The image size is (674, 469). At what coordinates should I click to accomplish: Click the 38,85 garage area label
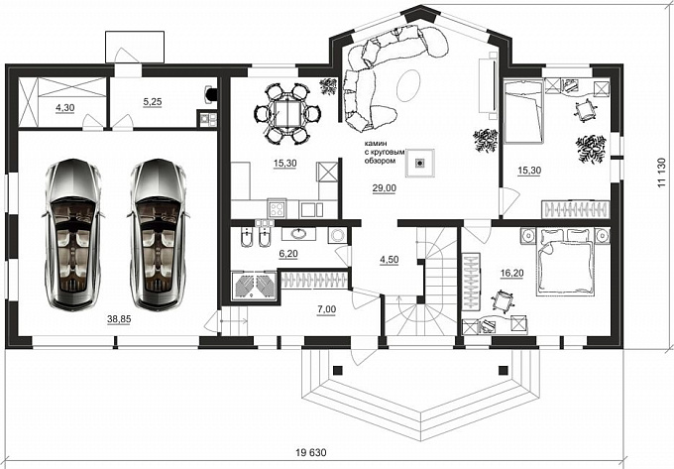click(x=119, y=319)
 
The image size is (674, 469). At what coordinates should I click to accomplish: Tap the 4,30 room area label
click(x=64, y=108)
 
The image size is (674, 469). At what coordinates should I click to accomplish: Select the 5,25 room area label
click(x=153, y=102)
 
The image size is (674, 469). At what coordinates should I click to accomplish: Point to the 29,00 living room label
click(x=385, y=187)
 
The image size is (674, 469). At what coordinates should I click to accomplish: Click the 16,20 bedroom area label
click(x=512, y=273)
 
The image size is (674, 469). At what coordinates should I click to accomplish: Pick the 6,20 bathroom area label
click(x=288, y=254)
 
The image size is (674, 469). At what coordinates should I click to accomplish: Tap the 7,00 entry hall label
click(x=327, y=309)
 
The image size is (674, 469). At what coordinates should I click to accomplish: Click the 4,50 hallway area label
click(x=389, y=259)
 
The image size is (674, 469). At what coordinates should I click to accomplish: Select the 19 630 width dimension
click(x=311, y=453)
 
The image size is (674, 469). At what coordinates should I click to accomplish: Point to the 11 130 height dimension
click(x=662, y=172)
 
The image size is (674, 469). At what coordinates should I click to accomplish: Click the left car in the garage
click(x=73, y=234)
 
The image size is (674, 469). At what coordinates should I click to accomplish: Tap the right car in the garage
click(x=159, y=234)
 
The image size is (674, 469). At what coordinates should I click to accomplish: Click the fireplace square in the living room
click(x=420, y=163)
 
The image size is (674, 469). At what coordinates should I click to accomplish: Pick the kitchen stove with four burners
click(x=277, y=208)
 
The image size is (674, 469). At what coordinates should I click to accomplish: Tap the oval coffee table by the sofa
click(x=408, y=85)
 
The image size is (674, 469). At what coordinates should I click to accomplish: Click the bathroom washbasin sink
click(x=298, y=234)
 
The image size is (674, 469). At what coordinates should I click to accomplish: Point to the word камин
click(x=376, y=144)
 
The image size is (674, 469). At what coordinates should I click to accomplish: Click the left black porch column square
click(x=338, y=370)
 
